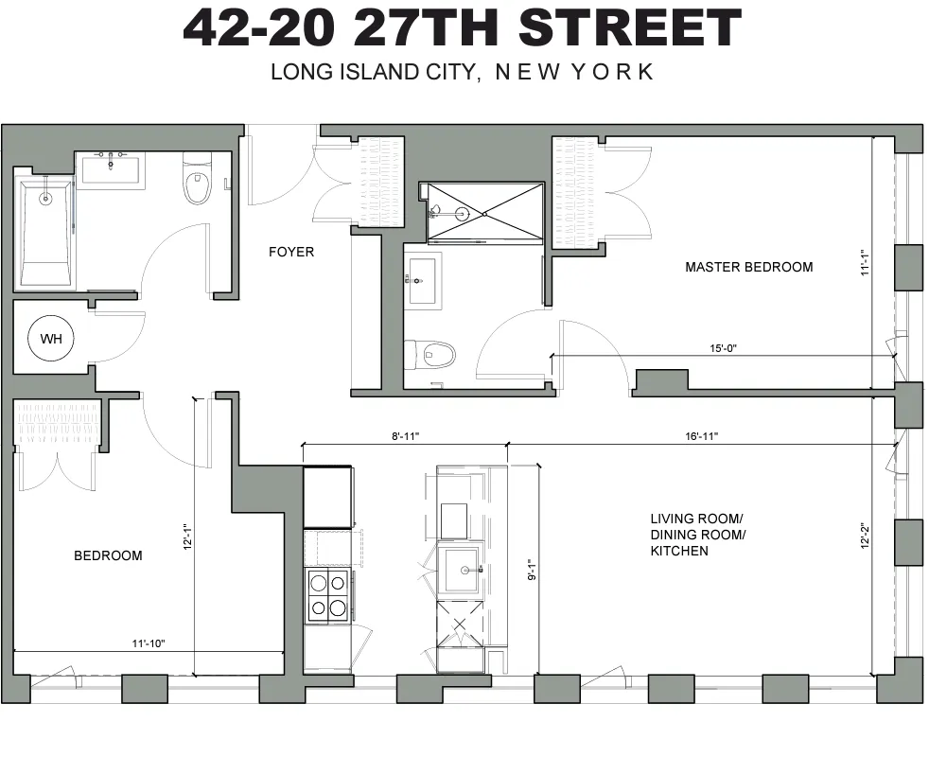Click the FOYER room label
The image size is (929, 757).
(290, 252)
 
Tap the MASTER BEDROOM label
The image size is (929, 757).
(748, 267)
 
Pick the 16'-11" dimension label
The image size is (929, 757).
(701, 436)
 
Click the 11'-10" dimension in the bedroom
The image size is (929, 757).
(148, 643)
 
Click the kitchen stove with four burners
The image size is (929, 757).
(326, 596)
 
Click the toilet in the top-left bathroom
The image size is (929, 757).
(197, 185)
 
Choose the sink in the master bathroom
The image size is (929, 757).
(422, 280)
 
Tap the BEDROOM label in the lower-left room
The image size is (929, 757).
(108, 555)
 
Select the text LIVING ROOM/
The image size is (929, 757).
(696, 519)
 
